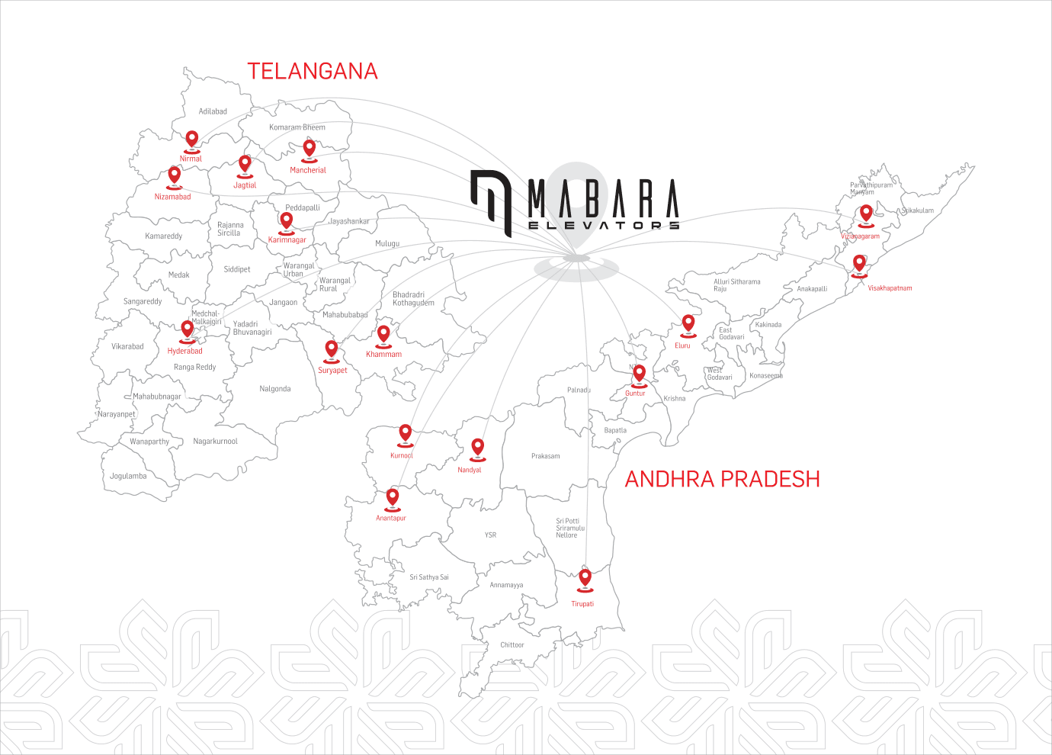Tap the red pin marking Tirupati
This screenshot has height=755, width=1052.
coord(585,578)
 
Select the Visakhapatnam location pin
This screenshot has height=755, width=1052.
coord(859,264)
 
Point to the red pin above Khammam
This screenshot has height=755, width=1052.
coord(383,334)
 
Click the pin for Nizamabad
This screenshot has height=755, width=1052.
coord(175,175)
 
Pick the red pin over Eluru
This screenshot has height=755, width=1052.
coord(688,323)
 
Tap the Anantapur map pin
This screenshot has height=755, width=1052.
coord(393,497)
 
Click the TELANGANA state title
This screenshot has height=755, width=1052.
coord(313,72)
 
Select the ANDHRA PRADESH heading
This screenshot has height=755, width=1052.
coord(722,479)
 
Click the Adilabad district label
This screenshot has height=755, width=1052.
coord(213,111)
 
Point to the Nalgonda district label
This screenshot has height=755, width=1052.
coord(274,389)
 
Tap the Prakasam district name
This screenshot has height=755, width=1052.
coord(545,456)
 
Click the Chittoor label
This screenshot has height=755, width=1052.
coord(512,645)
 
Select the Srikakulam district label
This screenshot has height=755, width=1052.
coord(917,210)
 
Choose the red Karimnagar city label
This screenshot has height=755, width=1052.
coord(287,240)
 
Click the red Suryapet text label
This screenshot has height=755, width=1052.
coord(332,371)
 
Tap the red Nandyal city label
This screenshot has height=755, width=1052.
coord(469,470)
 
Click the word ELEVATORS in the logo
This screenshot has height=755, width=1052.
coord(603,225)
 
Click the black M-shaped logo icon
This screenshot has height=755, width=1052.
coord(490,201)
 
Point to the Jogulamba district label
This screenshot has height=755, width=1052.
coord(128,477)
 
